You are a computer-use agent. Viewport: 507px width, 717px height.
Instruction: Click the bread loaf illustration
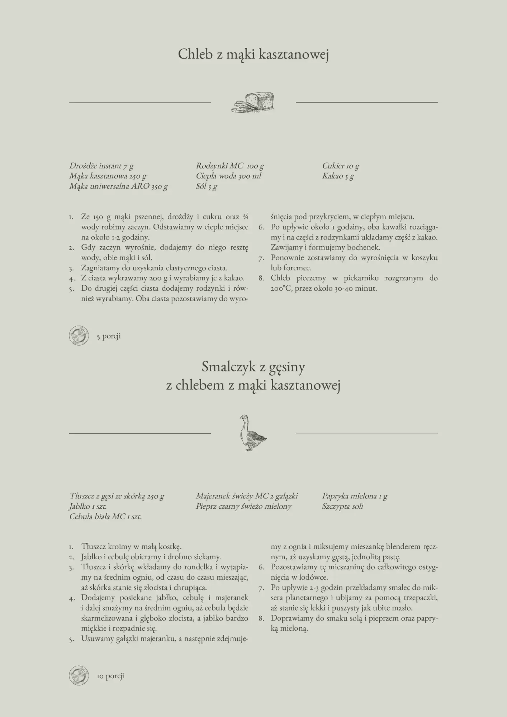tap(253, 103)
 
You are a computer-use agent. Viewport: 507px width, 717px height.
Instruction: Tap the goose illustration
tap(252, 433)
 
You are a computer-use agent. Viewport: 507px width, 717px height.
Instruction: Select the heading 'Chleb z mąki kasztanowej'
tap(253, 54)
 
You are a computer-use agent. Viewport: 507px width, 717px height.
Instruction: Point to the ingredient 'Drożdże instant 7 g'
tap(101, 166)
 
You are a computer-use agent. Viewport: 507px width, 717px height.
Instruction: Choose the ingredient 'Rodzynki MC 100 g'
tap(230, 166)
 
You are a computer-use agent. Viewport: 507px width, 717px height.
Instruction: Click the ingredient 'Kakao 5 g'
tap(338, 176)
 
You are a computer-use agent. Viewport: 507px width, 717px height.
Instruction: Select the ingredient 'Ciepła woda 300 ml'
tap(228, 176)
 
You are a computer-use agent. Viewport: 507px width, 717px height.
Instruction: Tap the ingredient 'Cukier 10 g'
tap(341, 166)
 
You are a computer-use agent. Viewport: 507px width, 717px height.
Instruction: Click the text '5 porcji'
tap(109, 336)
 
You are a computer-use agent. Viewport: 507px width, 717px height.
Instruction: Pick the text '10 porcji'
tap(110, 676)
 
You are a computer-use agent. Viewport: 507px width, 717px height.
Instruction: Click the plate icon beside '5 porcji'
tap(79, 336)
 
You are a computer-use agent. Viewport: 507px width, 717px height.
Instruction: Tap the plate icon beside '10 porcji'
tap(79, 676)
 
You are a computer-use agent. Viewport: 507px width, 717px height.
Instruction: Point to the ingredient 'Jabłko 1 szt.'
tap(88, 507)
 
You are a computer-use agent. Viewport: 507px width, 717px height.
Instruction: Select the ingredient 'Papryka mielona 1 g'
tap(355, 496)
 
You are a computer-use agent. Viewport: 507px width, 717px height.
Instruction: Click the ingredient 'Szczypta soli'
tap(342, 507)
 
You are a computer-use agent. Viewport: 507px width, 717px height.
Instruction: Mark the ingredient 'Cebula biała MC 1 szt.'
tap(106, 517)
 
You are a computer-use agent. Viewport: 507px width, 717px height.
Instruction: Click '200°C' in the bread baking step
tap(282, 288)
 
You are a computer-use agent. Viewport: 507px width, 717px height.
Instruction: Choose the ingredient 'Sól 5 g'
tap(207, 186)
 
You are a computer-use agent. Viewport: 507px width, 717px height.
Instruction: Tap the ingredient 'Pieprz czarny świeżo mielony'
tap(243, 507)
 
